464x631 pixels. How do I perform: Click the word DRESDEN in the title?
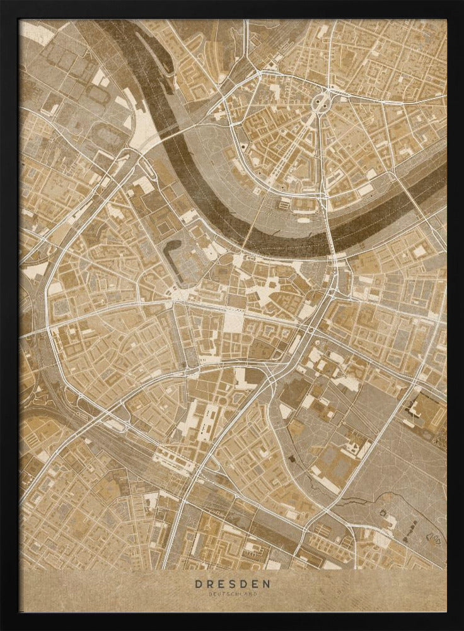pos(233,584)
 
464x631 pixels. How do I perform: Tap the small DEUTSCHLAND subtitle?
pos(233,594)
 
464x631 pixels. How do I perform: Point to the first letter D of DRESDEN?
pos(197,584)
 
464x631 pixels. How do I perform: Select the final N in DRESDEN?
pos(268,584)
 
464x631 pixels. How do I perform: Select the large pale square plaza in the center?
pos(233,322)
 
